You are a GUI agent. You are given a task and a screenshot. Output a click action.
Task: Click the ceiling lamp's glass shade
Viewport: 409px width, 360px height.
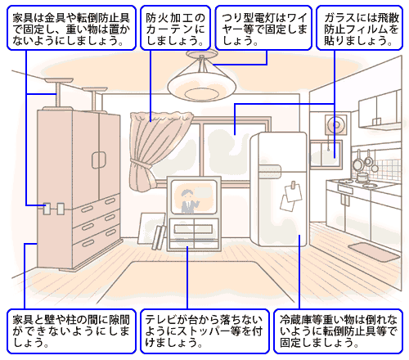pos(201,88)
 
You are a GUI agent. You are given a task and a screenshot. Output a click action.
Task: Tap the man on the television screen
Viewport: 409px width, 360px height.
pos(189,201)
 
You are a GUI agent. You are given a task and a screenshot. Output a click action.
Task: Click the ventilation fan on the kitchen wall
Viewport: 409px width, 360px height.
pos(336,125)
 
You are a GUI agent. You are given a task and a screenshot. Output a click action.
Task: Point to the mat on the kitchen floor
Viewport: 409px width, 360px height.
pos(374,251)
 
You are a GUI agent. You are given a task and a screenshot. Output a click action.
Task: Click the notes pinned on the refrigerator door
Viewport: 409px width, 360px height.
pos(291,196)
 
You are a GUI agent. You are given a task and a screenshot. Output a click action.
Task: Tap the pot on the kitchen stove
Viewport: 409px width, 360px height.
pos(362,177)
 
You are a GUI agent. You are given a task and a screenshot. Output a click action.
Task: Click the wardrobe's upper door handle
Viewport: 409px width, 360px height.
pos(98,160)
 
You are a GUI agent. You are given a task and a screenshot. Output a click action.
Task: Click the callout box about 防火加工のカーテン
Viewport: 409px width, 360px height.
pos(175,28)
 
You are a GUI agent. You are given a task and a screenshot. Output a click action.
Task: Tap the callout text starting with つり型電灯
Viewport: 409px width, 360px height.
pos(263,28)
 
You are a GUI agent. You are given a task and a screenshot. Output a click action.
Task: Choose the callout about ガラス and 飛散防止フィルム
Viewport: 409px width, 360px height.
pos(359,28)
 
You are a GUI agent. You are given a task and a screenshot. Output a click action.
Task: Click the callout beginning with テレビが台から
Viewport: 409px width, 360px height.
pos(204,331)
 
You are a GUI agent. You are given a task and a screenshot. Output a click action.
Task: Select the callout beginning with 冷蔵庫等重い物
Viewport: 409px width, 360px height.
pos(338,331)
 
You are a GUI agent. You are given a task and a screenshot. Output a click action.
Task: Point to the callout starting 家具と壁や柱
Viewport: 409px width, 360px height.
pos(71,331)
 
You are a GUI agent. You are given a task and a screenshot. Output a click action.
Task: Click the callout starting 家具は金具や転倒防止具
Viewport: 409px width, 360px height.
pos(71,28)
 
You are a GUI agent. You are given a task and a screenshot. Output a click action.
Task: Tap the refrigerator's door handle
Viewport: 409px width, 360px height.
pos(270,170)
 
